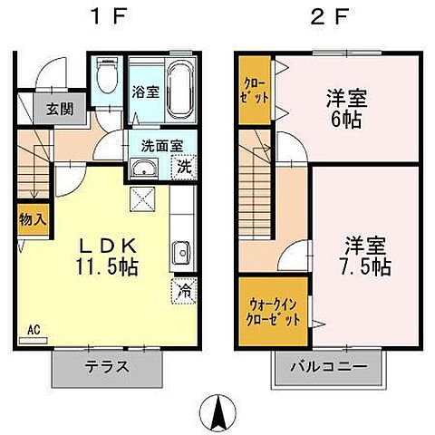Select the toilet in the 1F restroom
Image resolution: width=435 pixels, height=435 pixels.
[107, 76]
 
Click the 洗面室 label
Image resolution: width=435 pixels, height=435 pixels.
[160, 144]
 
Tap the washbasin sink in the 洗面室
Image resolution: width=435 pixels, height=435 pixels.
[143, 169]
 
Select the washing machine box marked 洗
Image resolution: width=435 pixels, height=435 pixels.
[182, 167]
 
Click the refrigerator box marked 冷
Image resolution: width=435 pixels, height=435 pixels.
[182, 292]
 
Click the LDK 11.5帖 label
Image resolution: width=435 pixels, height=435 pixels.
[106, 257]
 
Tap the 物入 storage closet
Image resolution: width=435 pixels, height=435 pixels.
[29, 220]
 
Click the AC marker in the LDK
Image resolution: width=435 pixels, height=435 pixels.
[34, 331]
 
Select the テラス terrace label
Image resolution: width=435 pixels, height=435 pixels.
[107, 368]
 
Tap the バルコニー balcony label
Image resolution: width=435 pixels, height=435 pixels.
[328, 368]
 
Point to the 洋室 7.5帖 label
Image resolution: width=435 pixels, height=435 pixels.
[366, 256]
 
